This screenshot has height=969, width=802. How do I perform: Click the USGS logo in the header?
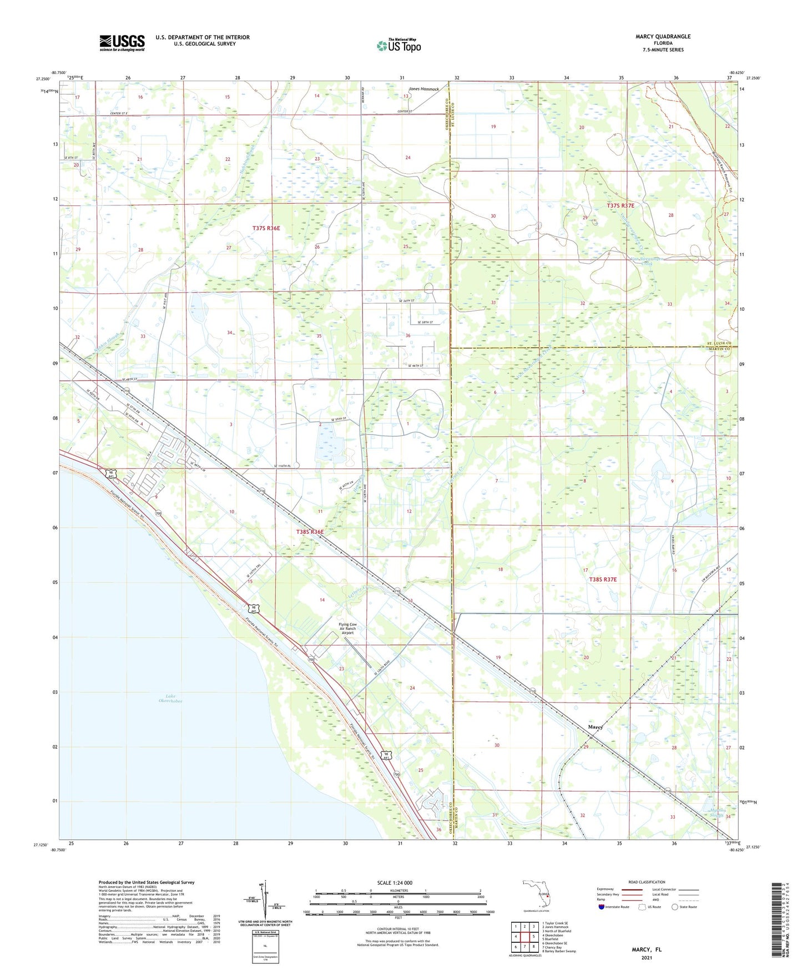click(x=122, y=43)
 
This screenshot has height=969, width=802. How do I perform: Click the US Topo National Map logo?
click(x=399, y=45)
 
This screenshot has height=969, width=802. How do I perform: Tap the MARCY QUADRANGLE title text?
click(x=663, y=37)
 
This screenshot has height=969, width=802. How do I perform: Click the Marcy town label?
click(x=595, y=726)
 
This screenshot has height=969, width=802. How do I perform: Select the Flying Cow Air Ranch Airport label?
click(x=347, y=628)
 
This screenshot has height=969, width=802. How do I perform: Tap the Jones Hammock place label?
click(x=423, y=89)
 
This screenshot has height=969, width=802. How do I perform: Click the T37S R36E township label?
click(x=266, y=228)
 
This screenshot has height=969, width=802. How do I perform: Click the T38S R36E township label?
click(x=309, y=532)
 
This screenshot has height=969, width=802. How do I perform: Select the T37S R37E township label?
click(x=620, y=205)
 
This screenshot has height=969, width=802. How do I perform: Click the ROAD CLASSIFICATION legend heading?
click(x=646, y=882)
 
